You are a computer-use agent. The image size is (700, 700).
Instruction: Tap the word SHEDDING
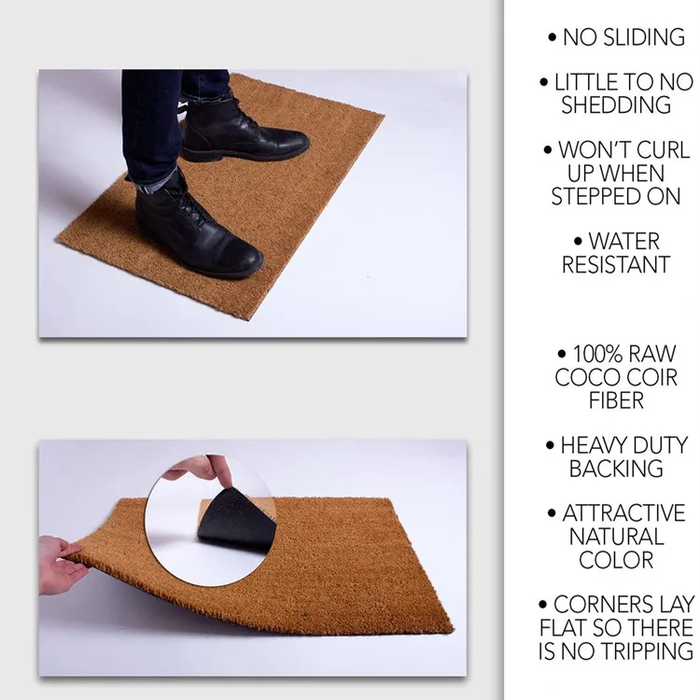pyautogui.click(x=616, y=105)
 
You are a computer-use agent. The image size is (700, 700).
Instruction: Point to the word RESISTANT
pyautogui.click(x=616, y=265)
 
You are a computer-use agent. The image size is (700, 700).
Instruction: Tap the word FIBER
pyautogui.click(x=616, y=401)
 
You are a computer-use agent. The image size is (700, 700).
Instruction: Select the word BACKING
pyautogui.click(x=616, y=469)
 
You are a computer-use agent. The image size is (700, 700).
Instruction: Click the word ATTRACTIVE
pyautogui.click(x=623, y=514)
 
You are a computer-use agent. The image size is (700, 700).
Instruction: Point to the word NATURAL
pyautogui.click(x=616, y=538)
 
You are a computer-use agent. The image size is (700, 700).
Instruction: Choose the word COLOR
pyautogui.click(x=616, y=561)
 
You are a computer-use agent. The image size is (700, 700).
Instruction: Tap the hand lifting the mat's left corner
pyautogui.click(x=61, y=565)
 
